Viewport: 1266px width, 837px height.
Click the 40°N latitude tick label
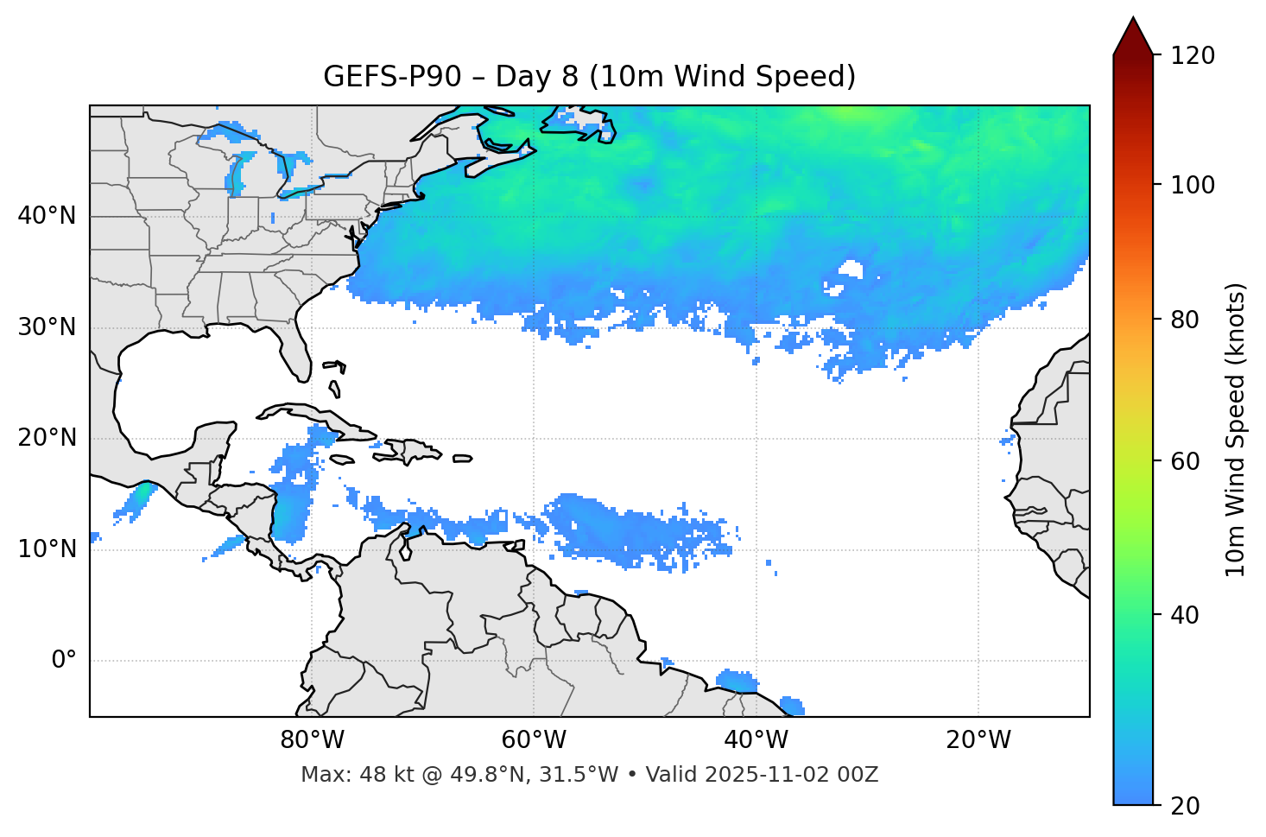tap(47, 216)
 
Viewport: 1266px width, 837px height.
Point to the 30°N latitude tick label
tap(47, 327)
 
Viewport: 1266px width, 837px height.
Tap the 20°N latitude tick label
tap(47, 438)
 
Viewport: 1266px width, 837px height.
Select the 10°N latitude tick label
tap(47, 549)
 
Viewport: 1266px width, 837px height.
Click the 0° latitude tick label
tap(64, 661)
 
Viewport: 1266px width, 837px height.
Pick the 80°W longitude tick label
tap(312, 740)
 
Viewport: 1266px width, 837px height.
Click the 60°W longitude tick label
tap(534, 740)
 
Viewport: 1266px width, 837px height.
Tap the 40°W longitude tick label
tap(756, 740)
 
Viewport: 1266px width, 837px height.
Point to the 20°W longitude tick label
tap(978, 740)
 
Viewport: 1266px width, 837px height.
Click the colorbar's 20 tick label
tap(1185, 806)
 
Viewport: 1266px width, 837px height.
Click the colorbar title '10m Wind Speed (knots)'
tap(1236, 429)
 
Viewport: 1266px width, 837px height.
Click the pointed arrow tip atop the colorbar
tap(1133, 19)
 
